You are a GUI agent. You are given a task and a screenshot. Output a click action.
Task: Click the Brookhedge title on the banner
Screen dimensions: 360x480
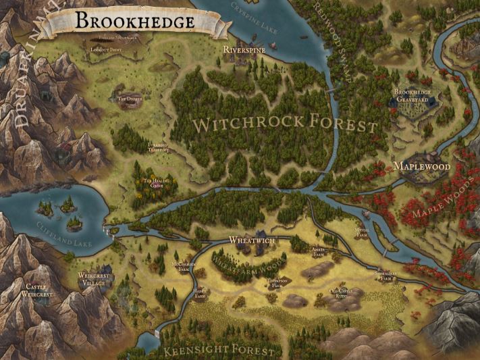point(134,21)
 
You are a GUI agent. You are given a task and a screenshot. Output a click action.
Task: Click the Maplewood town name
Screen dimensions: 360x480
point(421,165)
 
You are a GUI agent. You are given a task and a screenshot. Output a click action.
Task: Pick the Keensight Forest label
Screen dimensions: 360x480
point(220,351)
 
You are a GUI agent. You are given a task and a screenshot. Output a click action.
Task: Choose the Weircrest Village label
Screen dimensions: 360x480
point(92,280)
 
